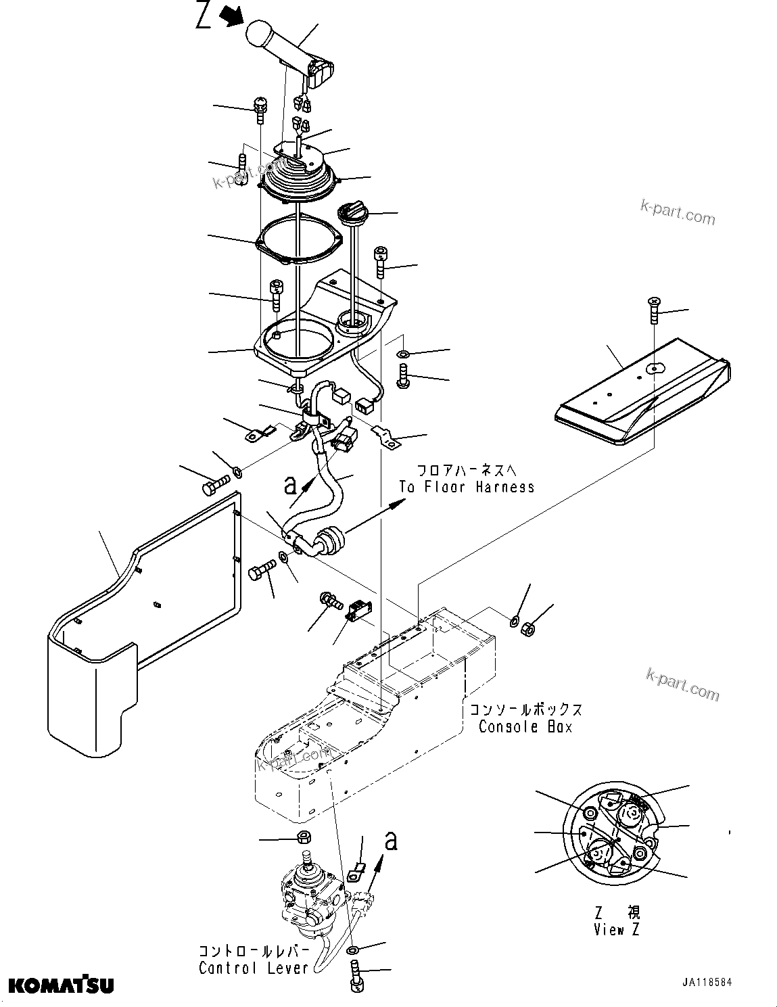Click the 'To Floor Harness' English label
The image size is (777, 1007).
(466, 487)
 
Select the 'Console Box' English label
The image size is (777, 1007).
(525, 727)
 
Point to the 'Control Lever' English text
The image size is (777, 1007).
(253, 968)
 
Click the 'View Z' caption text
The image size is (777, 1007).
(616, 930)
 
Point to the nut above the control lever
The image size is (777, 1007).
(304, 837)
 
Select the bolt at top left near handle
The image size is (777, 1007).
(260, 108)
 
